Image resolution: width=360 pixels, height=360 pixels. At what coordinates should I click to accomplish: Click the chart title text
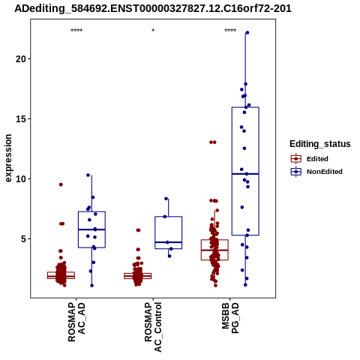153,8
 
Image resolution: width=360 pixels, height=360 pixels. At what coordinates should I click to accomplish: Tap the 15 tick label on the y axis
21,118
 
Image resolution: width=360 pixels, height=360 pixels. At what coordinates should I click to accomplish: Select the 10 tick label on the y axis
21,178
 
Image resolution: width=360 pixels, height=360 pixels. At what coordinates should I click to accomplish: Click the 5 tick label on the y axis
24,238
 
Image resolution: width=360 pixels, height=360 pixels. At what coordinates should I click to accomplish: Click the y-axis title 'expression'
8,158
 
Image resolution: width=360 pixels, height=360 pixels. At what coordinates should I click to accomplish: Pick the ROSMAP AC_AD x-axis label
76,322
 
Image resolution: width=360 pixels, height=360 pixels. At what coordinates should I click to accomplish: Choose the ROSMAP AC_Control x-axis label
153,327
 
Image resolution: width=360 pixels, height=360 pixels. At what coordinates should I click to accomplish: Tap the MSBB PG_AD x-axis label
230,318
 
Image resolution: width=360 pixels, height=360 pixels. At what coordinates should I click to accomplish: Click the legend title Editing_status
320,144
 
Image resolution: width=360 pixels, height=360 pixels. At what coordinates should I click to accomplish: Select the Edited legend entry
309,159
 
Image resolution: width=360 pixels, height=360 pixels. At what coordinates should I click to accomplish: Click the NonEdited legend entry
316,172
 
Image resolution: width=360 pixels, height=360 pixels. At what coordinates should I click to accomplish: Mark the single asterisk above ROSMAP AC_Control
153,31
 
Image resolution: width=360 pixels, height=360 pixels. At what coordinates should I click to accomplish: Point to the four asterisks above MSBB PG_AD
230,31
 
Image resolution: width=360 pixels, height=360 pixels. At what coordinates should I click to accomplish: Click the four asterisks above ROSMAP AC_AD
76,31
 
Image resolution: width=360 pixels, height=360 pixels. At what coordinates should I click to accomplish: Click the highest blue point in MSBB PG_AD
247,33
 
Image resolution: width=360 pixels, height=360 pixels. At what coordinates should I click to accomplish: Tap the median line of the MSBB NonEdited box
245,174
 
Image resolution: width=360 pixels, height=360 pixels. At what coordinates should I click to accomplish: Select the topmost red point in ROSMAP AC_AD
61,184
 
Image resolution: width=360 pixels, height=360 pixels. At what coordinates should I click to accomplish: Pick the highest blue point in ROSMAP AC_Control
166,199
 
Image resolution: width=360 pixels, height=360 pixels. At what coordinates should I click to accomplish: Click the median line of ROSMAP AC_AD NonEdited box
91,229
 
